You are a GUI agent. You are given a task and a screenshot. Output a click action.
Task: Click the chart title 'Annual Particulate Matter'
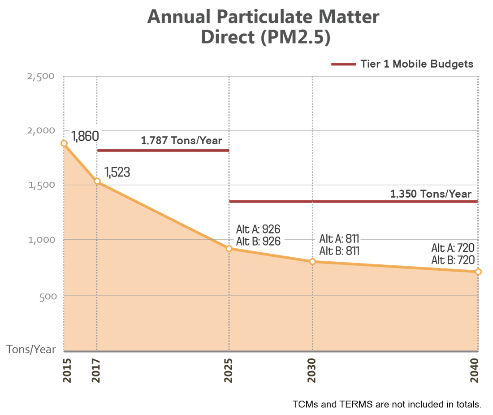coord(263,17)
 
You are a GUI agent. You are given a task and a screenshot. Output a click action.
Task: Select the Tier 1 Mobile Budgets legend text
coord(416,64)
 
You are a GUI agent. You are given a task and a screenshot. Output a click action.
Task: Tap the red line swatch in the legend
coord(343,64)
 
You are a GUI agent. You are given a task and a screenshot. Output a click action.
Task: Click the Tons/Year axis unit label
coord(31,350)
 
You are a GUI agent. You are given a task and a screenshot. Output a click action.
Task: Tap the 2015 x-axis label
coord(67,370)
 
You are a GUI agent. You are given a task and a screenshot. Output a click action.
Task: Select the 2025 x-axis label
coord(229,370)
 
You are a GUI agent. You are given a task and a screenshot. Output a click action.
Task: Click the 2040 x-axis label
coord(476,370)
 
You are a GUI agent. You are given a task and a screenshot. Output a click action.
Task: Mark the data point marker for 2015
coord(64,143)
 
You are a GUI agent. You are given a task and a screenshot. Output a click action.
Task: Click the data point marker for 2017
coord(97,181)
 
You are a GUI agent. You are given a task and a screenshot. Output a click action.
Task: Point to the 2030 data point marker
coord(312,261)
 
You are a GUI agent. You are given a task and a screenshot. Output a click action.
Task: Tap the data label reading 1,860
coord(84,135)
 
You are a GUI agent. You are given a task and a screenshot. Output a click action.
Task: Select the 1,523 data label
coord(117,173)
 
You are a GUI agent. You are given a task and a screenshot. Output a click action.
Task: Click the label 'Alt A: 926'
coord(258,230)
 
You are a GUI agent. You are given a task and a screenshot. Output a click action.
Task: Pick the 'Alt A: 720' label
coord(453,248)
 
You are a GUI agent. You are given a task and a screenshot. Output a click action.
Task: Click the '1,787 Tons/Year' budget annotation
coord(182,141)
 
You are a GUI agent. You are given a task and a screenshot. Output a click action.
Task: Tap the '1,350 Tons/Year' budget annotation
coord(430,194)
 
